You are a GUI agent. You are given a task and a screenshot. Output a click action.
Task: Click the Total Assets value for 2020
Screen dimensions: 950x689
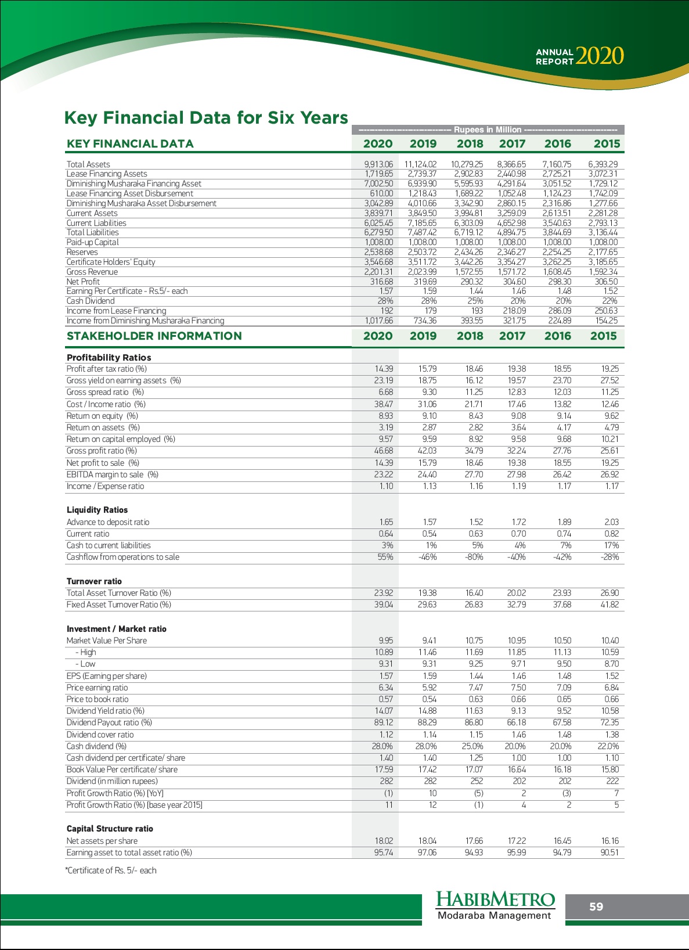pyautogui.click(x=378, y=164)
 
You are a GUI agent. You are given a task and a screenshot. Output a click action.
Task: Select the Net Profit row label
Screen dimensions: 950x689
pyautogui.click(x=83, y=282)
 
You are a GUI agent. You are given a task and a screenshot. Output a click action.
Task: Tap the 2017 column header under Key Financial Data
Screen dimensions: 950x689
pyautogui.click(x=512, y=144)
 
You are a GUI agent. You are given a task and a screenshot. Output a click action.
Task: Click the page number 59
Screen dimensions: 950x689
pyautogui.click(x=596, y=907)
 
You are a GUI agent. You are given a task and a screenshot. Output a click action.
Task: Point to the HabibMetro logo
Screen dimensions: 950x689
pyautogui.click(x=495, y=906)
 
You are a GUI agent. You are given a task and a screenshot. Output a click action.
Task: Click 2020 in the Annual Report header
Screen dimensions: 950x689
pyautogui.click(x=600, y=56)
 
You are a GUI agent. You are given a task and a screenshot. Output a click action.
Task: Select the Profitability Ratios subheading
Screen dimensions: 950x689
pyautogui.click(x=109, y=358)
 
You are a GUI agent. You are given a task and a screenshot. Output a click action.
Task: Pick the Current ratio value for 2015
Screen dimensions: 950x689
pyautogui.click(x=611, y=534)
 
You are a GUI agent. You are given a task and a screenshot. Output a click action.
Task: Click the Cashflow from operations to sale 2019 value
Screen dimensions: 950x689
pyautogui.click(x=428, y=557)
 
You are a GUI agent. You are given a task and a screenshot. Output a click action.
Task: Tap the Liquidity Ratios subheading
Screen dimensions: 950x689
pyautogui.click(x=97, y=510)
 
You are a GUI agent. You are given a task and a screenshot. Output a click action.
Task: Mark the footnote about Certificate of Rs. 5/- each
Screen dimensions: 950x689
pyautogui.click(x=111, y=870)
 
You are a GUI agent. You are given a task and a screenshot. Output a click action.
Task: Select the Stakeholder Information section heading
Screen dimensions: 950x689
pyautogui.click(x=154, y=336)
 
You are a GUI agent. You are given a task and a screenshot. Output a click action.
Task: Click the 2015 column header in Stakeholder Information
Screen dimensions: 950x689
pyautogui.click(x=603, y=336)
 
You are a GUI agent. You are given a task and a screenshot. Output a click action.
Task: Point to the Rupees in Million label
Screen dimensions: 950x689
pyautogui.click(x=487, y=129)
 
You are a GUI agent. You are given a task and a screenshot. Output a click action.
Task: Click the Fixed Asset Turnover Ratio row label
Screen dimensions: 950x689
pyautogui.click(x=118, y=604)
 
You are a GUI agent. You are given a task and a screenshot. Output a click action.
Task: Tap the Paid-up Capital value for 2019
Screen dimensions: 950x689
pyautogui.click(x=423, y=242)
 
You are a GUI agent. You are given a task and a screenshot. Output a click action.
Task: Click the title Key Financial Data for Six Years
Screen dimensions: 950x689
pyautogui.click(x=206, y=118)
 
